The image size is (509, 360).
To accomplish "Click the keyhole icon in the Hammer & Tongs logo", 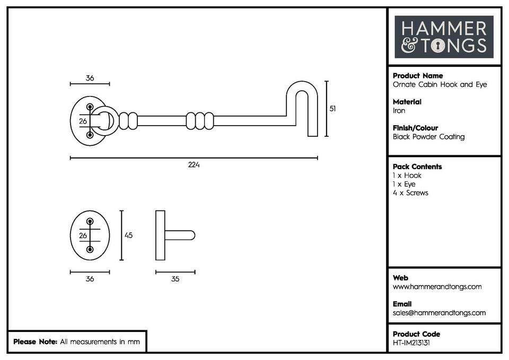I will [437, 46].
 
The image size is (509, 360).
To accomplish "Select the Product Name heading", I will [418, 76].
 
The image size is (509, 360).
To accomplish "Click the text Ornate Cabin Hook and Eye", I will [439, 85].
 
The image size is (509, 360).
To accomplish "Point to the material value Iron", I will [399, 111].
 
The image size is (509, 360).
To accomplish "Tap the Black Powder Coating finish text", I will [428, 137].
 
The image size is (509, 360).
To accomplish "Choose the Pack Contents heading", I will [417, 166].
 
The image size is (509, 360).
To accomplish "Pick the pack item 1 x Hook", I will [407, 175].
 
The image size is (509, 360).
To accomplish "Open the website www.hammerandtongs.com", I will [437, 287].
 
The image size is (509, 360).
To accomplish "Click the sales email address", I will [439, 313].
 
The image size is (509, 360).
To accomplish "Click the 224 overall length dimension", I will [194, 165].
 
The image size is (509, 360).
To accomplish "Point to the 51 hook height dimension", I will [332, 108].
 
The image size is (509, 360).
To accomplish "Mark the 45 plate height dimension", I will [128, 235].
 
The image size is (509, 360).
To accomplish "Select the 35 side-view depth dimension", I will [175, 279].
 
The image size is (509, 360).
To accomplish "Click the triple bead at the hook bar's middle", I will [200, 120].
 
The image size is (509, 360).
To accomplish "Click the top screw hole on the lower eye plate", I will [90, 221].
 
